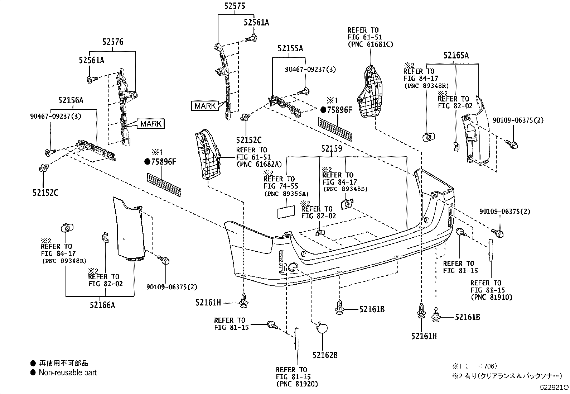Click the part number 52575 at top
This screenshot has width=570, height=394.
pyautogui.click(x=235, y=6)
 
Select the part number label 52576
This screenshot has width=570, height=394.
pyautogui.click(x=113, y=42)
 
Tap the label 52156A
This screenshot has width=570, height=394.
pyautogui.click(x=71, y=100)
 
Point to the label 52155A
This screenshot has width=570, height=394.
pyautogui.click(x=290, y=48)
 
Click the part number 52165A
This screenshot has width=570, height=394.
pyautogui.click(x=456, y=55)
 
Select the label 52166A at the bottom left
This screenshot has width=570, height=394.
pyautogui.click(x=102, y=305)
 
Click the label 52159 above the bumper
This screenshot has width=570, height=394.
pyautogui.click(x=331, y=148)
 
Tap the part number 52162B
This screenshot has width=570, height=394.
pyautogui.click(x=325, y=355)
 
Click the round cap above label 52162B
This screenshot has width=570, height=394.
pyautogui.click(x=321, y=328)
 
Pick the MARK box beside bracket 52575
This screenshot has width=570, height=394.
pyautogui.click(x=206, y=106)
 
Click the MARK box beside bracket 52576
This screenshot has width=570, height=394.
pyautogui.click(x=151, y=124)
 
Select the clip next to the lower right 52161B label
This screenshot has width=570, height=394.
pyautogui.click(x=436, y=315)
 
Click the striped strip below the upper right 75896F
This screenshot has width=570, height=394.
pyautogui.click(x=334, y=128)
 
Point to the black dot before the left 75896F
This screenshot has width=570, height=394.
pyautogui.click(x=147, y=162)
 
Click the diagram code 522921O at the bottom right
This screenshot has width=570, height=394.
pyautogui.click(x=554, y=388)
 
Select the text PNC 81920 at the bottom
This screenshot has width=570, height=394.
pyautogui.click(x=297, y=384)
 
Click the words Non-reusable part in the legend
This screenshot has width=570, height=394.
pyautogui.click(x=68, y=373)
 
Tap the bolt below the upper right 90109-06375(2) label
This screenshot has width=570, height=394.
pyautogui.click(x=512, y=145)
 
